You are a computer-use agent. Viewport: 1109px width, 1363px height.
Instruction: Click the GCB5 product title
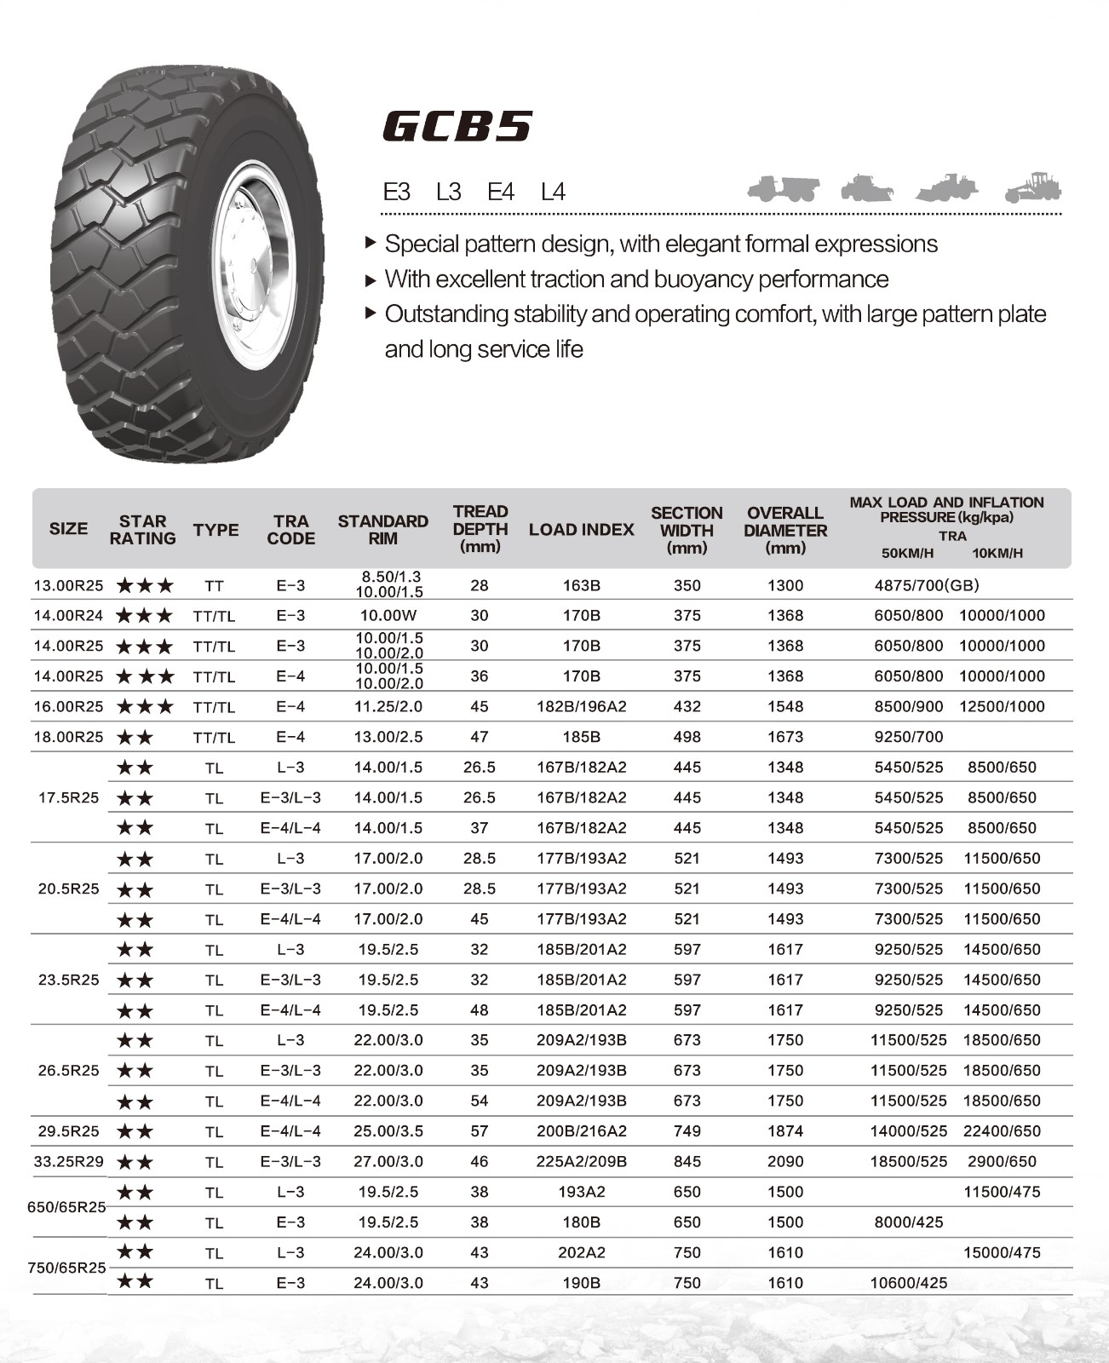coord(457,126)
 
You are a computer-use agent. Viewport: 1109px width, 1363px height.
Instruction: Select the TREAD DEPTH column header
coord(480,528)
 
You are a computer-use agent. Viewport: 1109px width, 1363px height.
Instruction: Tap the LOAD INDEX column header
coord(581,530)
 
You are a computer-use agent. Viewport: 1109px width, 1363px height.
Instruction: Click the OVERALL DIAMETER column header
coord(784,530)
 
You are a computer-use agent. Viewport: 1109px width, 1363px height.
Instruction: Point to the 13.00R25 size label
coord(68,585)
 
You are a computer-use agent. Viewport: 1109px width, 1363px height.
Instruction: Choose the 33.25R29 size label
coord(68,1161)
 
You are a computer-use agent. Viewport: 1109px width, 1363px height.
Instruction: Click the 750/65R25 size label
coord(67,1268)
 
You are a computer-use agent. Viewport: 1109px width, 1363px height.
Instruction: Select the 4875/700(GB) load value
coord(927,585)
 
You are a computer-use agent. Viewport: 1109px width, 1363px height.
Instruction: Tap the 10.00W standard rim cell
coord(388,615)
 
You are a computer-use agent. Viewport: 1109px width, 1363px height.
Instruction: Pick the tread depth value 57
coord(480,1131)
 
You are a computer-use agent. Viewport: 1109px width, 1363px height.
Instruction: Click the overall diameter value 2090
coord(784,1161)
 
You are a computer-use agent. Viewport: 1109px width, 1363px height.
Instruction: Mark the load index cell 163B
coord(581,585)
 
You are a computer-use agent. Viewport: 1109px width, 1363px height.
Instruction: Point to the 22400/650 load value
coord(1002,1131)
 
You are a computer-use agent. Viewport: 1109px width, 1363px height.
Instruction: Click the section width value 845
coord(687,1161)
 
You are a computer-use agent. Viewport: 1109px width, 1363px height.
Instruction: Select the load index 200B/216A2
coord(581,1131)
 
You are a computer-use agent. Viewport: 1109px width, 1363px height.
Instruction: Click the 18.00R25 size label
coord(68,737)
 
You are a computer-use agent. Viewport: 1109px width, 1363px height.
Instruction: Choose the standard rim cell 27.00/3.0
coord(388,1161)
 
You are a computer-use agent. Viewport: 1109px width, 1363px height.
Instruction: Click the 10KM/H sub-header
coord(997,553)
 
